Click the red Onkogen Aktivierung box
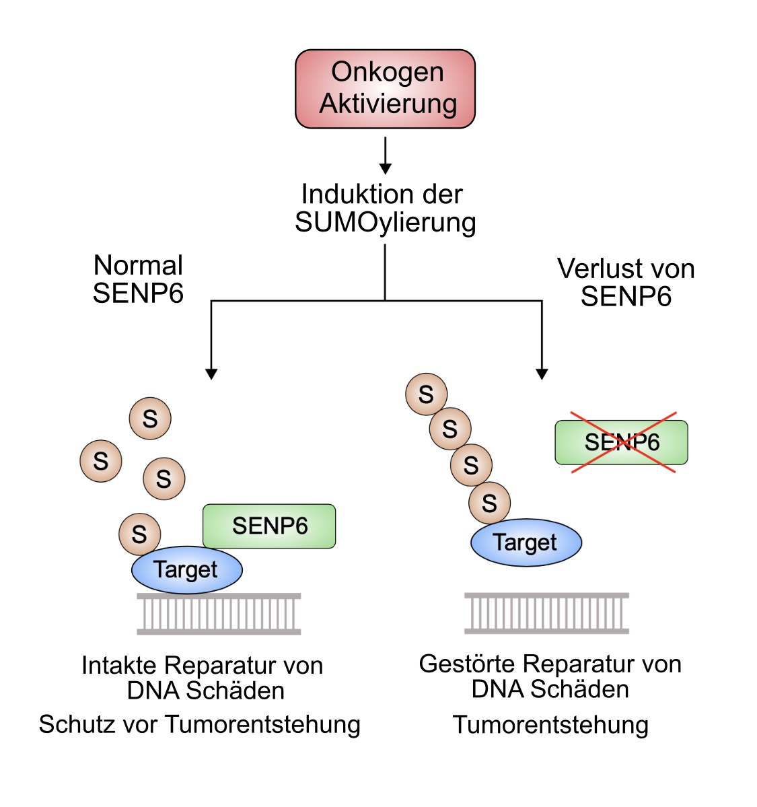tap(385, 88)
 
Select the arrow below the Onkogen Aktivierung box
tap(385, 156)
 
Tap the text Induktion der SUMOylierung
tap(385, 208)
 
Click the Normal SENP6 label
tap(138, 279)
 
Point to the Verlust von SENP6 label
tap(626, 282)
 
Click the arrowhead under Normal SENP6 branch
tap(211, 374)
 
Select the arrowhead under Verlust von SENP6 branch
tap(542, 374)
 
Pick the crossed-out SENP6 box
tap(621, 442)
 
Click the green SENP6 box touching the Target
tap(269, 526)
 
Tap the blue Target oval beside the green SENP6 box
tap(186, 570)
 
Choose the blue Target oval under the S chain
tap(526, 542)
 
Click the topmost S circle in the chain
tap(426, 394)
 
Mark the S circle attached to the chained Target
tap(489, 503)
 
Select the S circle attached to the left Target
tap(139, 534)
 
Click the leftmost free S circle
tap(101, 461)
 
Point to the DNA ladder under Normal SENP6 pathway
tap(219, 614)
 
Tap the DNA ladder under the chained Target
tap(546, 613)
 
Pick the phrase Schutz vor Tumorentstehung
tap(200, 724)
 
